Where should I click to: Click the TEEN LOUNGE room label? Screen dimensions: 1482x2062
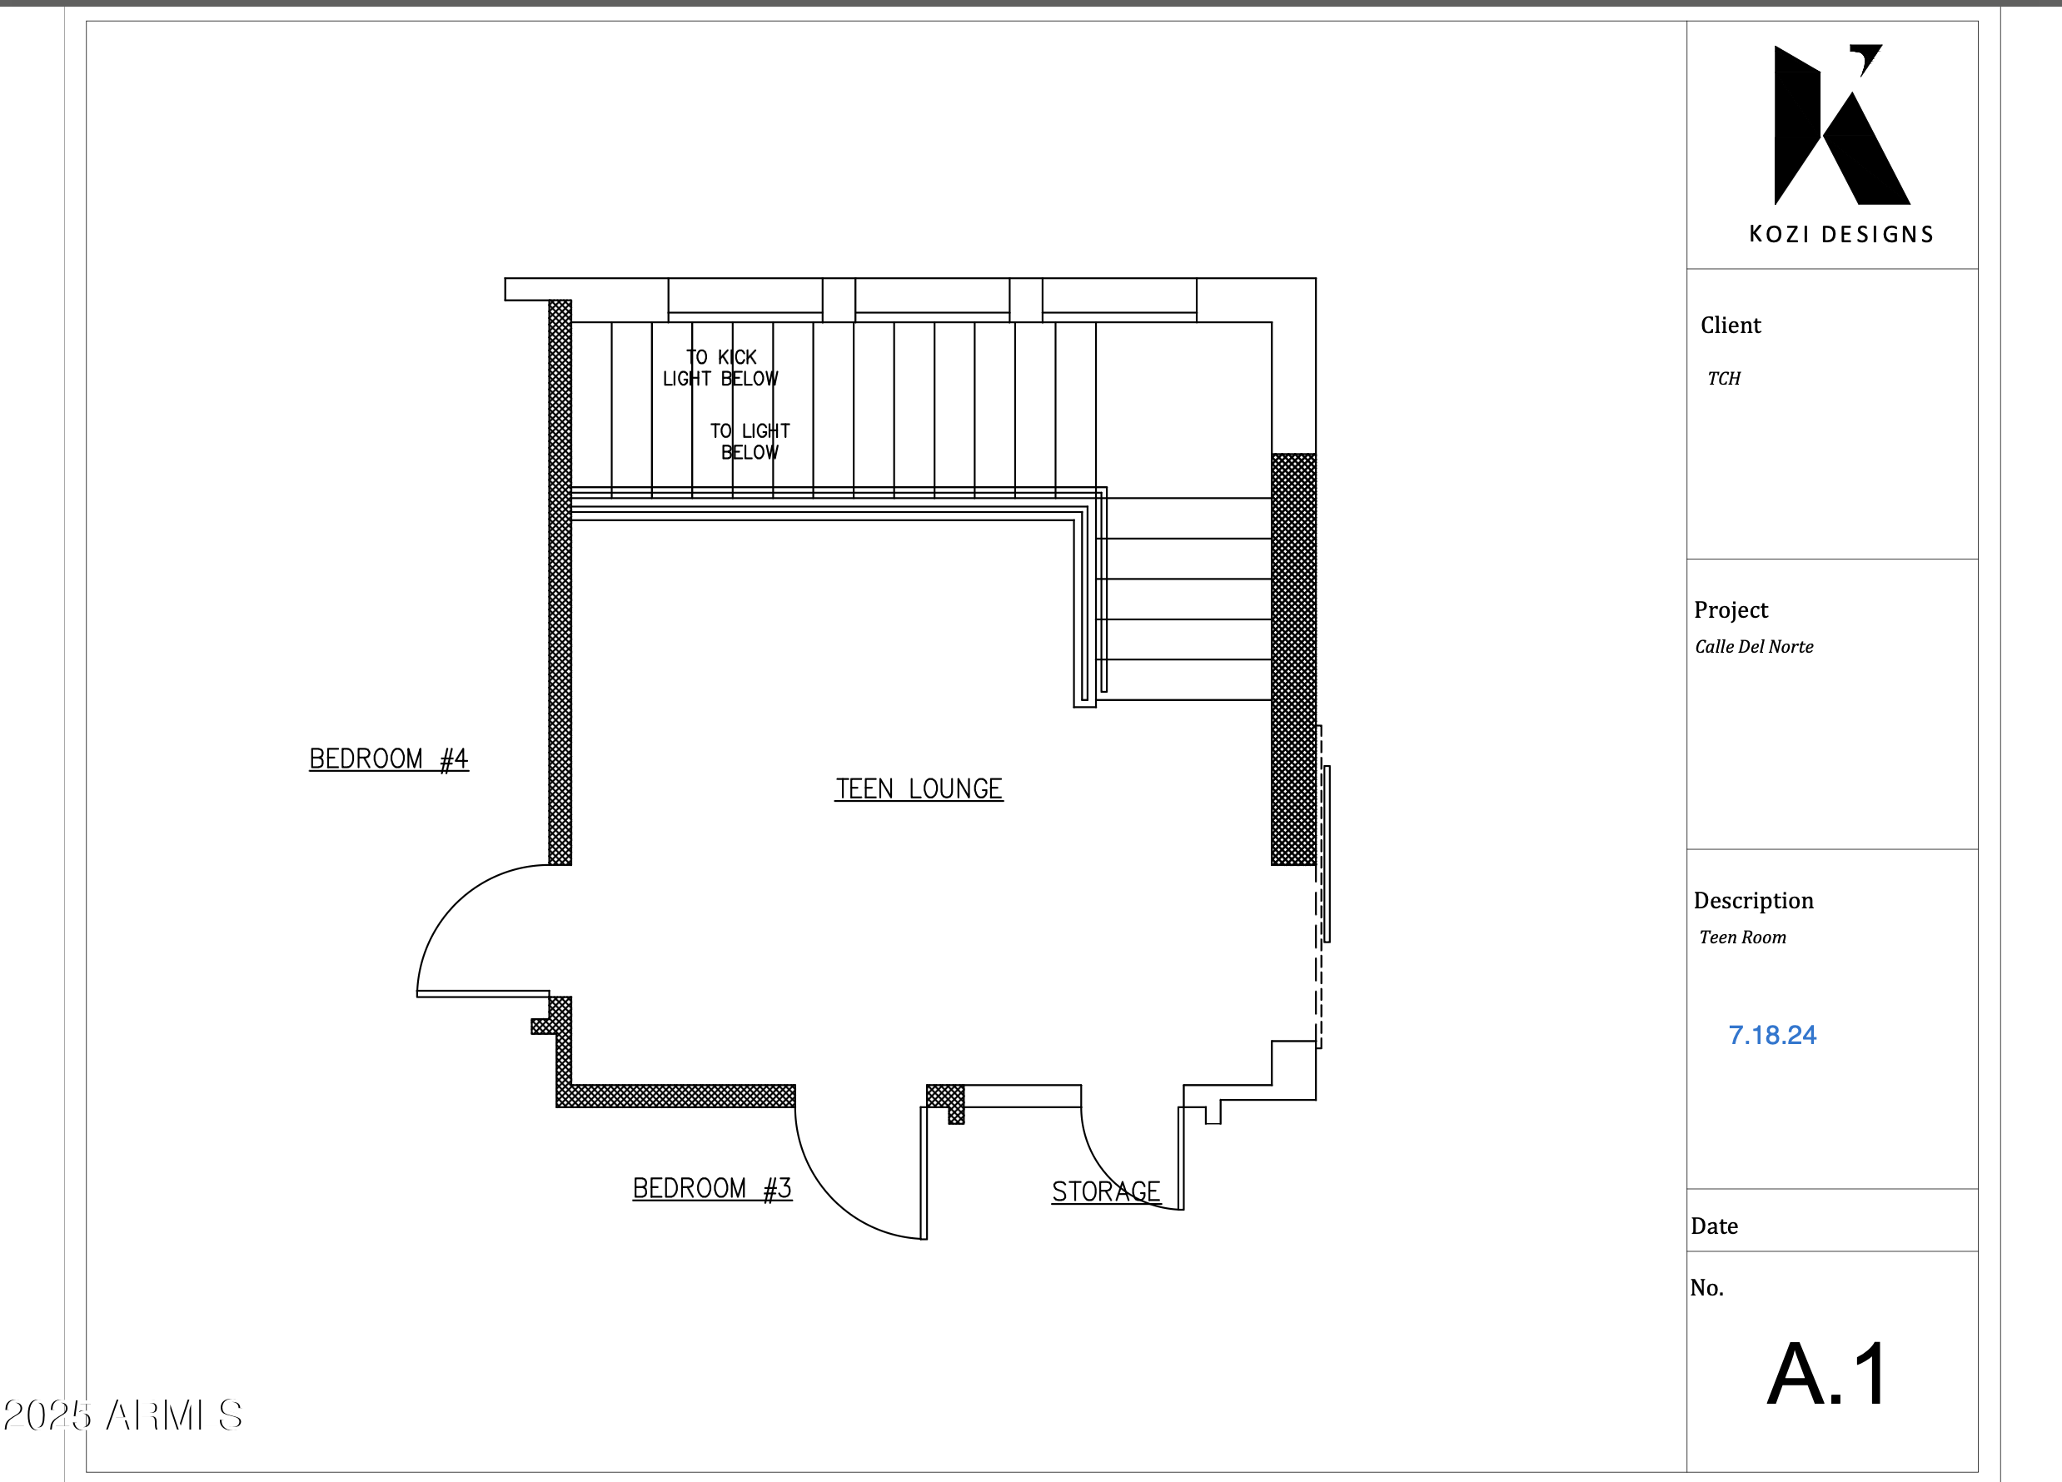tap(919, 788)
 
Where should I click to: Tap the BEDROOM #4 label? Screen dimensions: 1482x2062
tap(388, 758)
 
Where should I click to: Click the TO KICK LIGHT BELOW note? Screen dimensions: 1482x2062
tap(720, 367)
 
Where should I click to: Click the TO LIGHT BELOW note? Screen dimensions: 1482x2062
tap(750, 441)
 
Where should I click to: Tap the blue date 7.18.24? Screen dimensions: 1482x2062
tap(1771, 1035)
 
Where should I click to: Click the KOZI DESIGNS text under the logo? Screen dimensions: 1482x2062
tap(1841, 235)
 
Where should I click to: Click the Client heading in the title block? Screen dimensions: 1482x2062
tap(1731, 325)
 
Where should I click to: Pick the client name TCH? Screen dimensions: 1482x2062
tap(1723, 378)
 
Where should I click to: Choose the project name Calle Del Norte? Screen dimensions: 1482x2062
tap(1754, 646)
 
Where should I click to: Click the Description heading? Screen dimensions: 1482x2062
tap(1753, 900)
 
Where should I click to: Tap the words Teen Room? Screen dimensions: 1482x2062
tap(1742, 937)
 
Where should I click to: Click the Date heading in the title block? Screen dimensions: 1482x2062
tap(1714, 1226)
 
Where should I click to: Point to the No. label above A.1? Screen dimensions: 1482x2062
tap(1706, 1287)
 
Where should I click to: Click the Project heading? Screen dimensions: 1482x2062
tap(1731, 609)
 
